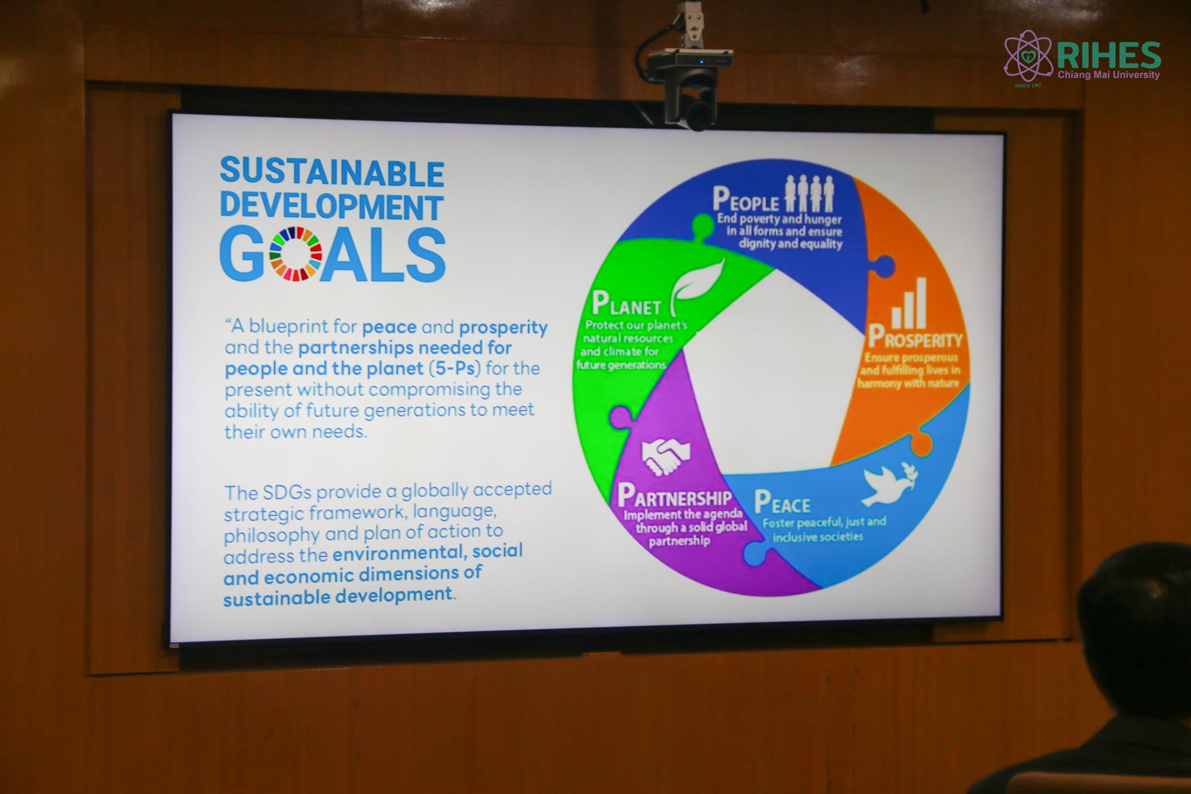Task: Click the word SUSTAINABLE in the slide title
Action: (332, 173)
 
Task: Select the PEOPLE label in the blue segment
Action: (746, 200)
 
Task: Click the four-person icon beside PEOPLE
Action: (810, 194)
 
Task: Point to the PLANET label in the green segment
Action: (627, 303)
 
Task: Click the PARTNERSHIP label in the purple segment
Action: (675, 496)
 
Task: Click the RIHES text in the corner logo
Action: (1108, 56)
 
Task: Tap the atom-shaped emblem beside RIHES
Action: (1028, 57)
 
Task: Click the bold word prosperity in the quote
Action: (503, 327)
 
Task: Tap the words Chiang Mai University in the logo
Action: (1108, 75)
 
